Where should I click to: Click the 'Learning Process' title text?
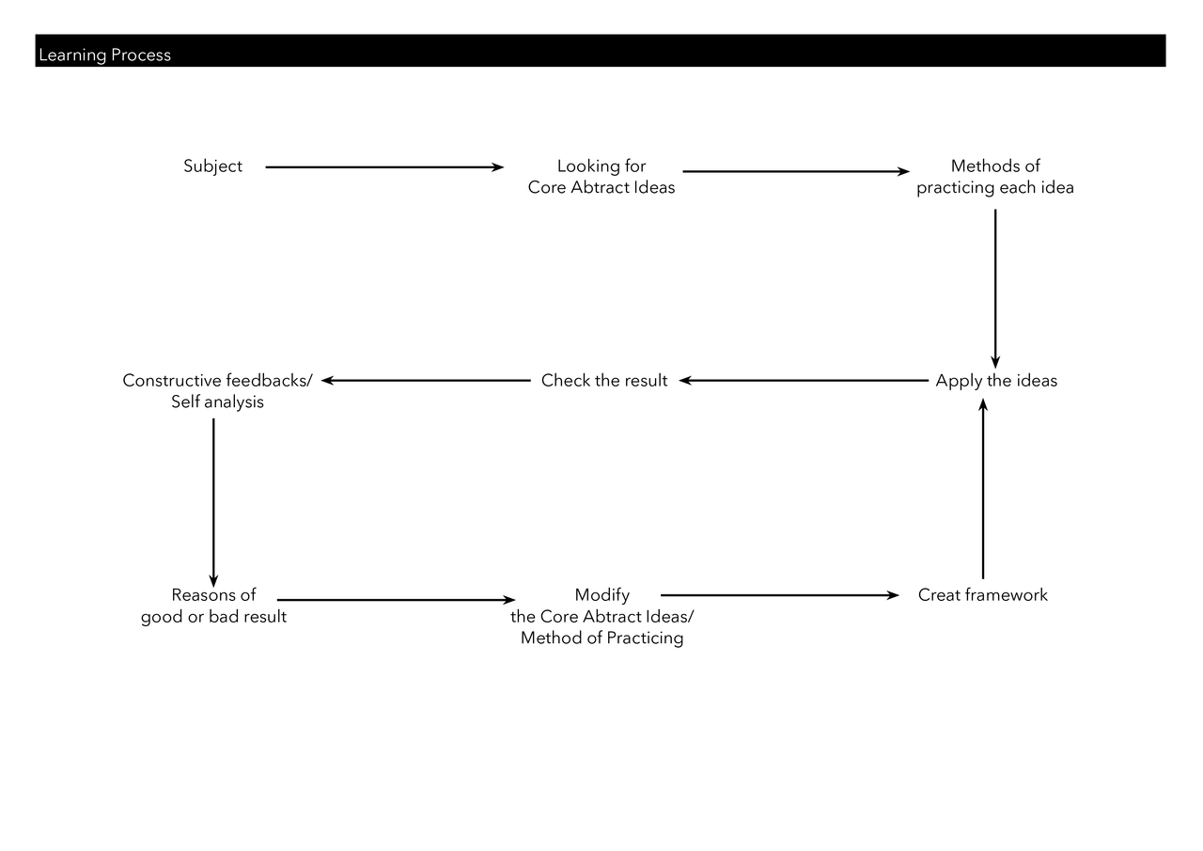104,55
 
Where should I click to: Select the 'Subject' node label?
212,166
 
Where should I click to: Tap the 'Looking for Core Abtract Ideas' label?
601,177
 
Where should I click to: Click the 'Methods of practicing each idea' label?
995,177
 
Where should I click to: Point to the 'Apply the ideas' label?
996,381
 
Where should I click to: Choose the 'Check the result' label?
604,381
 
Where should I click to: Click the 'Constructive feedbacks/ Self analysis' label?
217,391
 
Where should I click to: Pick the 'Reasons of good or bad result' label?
213,606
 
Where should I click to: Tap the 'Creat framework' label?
983,594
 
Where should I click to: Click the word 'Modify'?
602,595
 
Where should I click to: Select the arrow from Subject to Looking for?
384,167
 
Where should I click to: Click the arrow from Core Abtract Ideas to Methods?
796,171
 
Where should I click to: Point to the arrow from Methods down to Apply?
995,289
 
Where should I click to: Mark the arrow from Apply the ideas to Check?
804,381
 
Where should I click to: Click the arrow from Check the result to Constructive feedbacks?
426,381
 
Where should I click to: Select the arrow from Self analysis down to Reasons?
213,503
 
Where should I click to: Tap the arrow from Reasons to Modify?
397,600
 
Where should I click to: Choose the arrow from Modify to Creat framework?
780,595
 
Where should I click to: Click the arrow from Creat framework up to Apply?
983,489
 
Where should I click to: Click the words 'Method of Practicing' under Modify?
602,638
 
